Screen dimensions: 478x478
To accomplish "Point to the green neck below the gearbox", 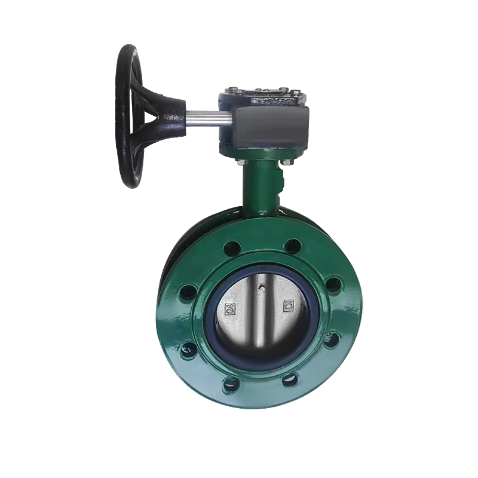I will point(258,182).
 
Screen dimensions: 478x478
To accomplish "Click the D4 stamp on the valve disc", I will point(229,309).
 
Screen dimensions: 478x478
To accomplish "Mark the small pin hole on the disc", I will point(261,289).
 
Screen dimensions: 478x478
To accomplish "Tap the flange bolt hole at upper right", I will point(292,245).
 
